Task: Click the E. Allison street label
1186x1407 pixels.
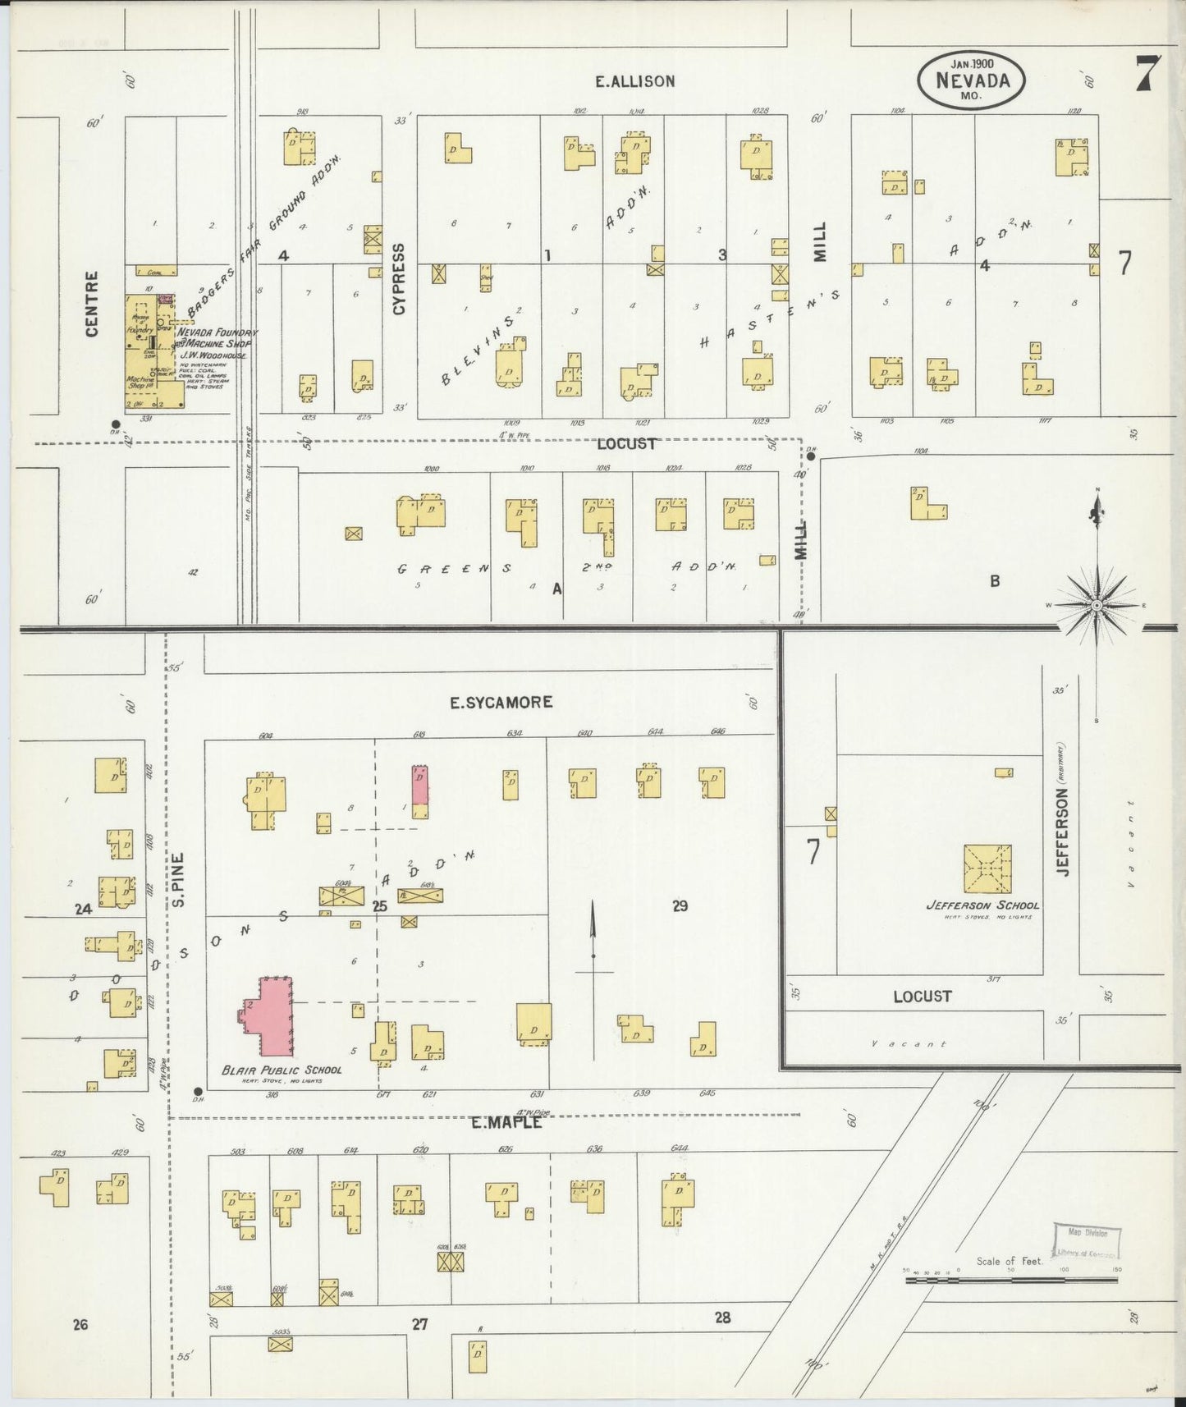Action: [x=635, y=81]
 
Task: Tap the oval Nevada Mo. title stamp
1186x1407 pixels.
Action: [x=971, y=80]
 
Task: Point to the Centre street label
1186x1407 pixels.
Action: [x=91, y=303]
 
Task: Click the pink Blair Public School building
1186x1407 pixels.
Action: [x=273, y=1015]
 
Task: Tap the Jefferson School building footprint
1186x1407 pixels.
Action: [x=987, y=868]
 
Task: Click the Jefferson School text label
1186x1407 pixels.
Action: [x=982, y=905]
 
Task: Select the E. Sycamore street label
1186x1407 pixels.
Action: [x=501, y=702]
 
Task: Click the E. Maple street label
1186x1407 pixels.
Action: [x=506, y=1122]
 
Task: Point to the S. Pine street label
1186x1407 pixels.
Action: [x=179, y=879]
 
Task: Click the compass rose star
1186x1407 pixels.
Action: [x=1097, y=605]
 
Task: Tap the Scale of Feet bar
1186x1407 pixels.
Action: [x=1013, y=1278]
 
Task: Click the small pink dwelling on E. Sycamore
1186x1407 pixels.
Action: [x=419, y=786]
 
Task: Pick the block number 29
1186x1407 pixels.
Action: [x=680, y=905]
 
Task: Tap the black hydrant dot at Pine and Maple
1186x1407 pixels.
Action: [x=198, y=1092]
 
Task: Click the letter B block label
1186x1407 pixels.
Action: [x=995, y=581]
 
